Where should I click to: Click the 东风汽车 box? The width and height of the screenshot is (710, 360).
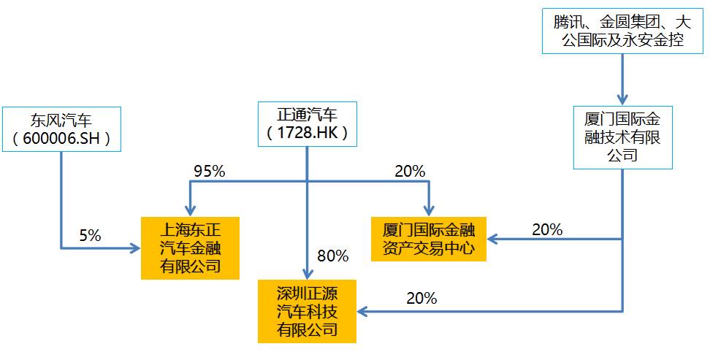[x=61, y=129]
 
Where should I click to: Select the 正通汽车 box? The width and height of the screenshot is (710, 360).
[x=307, y=122]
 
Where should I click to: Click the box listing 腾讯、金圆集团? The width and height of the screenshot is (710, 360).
[x=622, y=30]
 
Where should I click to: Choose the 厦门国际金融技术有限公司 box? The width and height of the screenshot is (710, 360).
[x=622, y=137]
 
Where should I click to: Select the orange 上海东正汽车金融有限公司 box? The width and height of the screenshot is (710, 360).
[x=190, y=248]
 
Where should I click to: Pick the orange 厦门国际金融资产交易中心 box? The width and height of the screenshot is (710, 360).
[x=428, y=239]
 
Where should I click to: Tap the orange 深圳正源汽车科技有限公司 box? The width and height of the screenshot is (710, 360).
[x=307, y=310]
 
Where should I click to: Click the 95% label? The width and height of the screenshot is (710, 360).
[x=209, y=172]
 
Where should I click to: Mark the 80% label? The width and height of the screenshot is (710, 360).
[x=333, y=256]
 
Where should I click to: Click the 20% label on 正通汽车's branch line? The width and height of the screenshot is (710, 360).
[x=409, y=172]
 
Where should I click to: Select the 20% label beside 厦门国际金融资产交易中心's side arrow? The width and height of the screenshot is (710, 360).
[x=547, y=229]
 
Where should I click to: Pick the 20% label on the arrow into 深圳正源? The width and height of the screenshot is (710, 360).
[x=421, y=298]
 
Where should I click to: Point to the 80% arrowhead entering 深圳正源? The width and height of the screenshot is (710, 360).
[x=307, y=271]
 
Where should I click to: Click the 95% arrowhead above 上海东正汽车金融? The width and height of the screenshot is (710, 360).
[x=190, y=210]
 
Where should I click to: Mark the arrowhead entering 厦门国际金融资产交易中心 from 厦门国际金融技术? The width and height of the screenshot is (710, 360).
[x=494, y=239]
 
